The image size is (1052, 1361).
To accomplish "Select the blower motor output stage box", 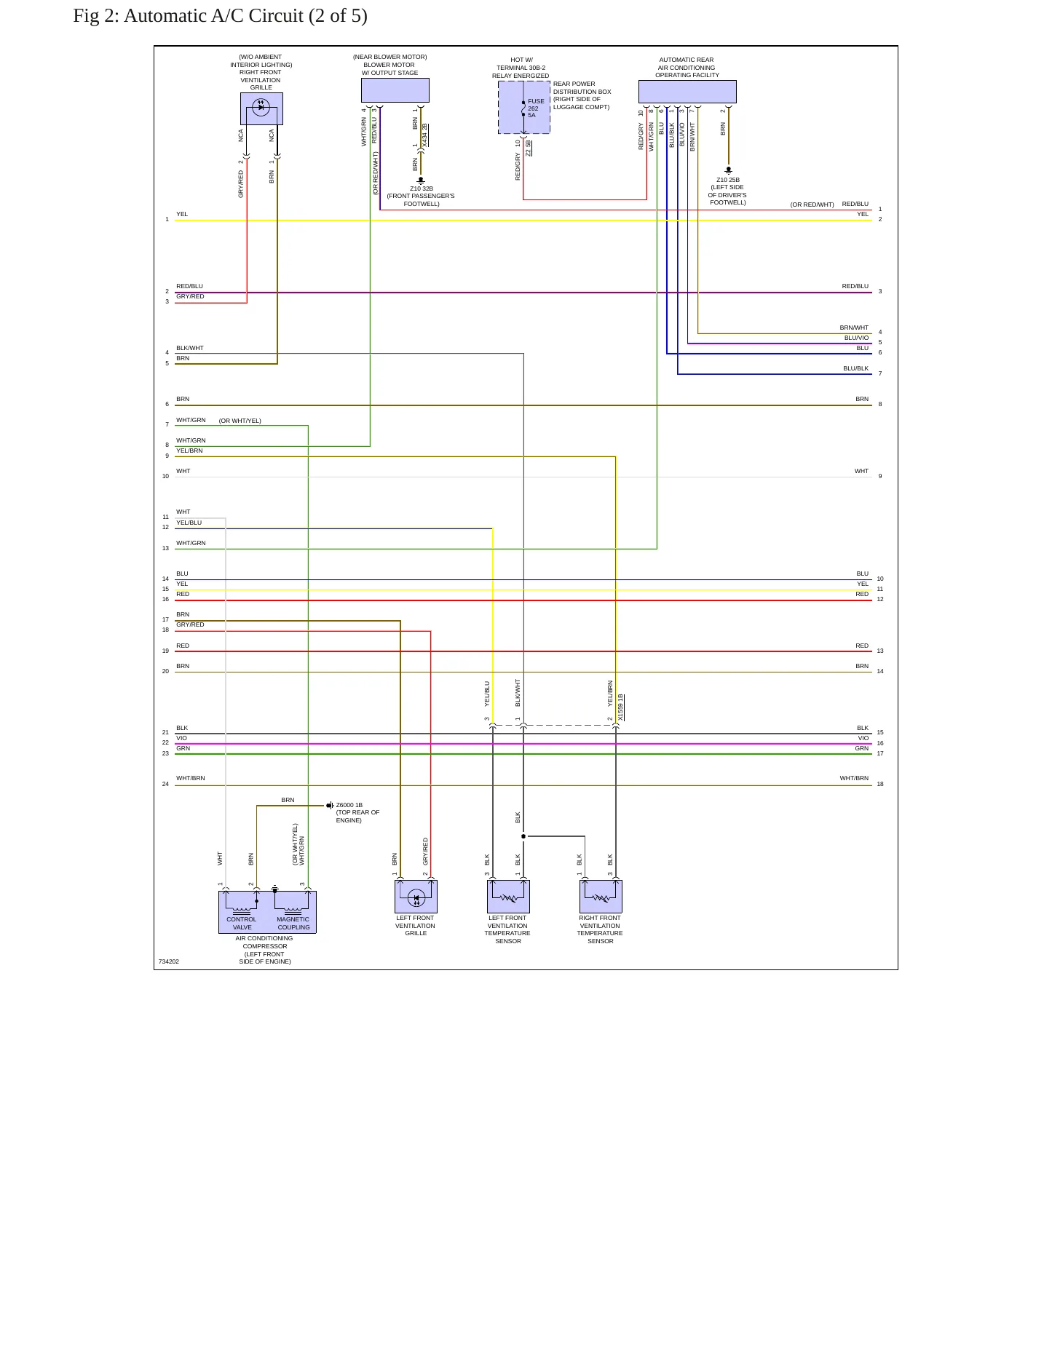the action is (x=395, y=90).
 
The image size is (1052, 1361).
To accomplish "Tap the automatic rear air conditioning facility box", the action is (x=687, y=92).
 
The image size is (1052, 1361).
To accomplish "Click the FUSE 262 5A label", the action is (x=536, y=108).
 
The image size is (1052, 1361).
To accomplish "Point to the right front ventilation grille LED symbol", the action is (x=261, y=107).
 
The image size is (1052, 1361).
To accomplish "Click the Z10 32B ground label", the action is (x=422, y=189).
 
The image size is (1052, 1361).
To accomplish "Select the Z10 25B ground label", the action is (x=728, y=180).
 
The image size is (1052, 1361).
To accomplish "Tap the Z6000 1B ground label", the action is (x=349, y=805).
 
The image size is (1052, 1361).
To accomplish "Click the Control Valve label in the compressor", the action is (x=242, y=923).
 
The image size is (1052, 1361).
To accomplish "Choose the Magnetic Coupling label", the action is (x=293, y=923).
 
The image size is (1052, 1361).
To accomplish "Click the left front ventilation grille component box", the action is (x=416, y=897).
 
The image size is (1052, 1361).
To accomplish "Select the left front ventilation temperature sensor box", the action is (x=508, y=897).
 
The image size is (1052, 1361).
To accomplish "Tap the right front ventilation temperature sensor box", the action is (x=601, y=897).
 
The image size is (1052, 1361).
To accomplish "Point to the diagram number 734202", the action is (x=169, y=961).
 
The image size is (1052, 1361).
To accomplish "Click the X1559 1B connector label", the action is (x=620, y=707).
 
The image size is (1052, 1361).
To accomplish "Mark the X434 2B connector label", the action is (x=424, y=135).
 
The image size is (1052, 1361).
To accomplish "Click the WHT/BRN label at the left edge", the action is (x=191, y=778).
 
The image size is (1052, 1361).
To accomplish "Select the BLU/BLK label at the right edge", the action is (x=856, y=368).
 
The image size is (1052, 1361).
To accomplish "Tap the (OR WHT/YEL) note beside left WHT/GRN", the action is (x=240, y=421).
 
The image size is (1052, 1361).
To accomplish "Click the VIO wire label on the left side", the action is (x=181, y=738).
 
